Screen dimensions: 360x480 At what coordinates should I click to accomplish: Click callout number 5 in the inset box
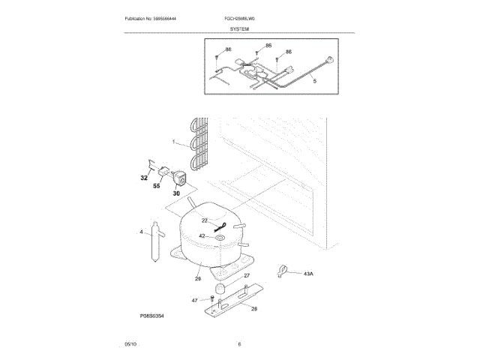314,80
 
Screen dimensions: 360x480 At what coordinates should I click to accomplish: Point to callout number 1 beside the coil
173,142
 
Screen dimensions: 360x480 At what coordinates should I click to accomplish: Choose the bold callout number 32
144,178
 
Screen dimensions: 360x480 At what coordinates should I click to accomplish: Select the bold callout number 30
176,193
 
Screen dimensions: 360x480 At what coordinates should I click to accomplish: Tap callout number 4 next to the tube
141,232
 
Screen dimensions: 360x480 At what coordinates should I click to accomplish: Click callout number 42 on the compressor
202,236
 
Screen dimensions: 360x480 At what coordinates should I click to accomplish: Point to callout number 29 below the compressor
198,279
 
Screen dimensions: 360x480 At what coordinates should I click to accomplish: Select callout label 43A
308,274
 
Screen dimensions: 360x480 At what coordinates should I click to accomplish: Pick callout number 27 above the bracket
246,276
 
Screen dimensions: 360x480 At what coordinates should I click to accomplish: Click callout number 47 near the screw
194,300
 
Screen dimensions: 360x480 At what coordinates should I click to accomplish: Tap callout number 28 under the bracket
254,309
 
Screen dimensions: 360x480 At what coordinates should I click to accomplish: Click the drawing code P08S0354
151,316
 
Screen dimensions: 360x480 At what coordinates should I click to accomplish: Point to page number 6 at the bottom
239,343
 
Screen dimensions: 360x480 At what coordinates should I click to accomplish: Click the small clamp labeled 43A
283,270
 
